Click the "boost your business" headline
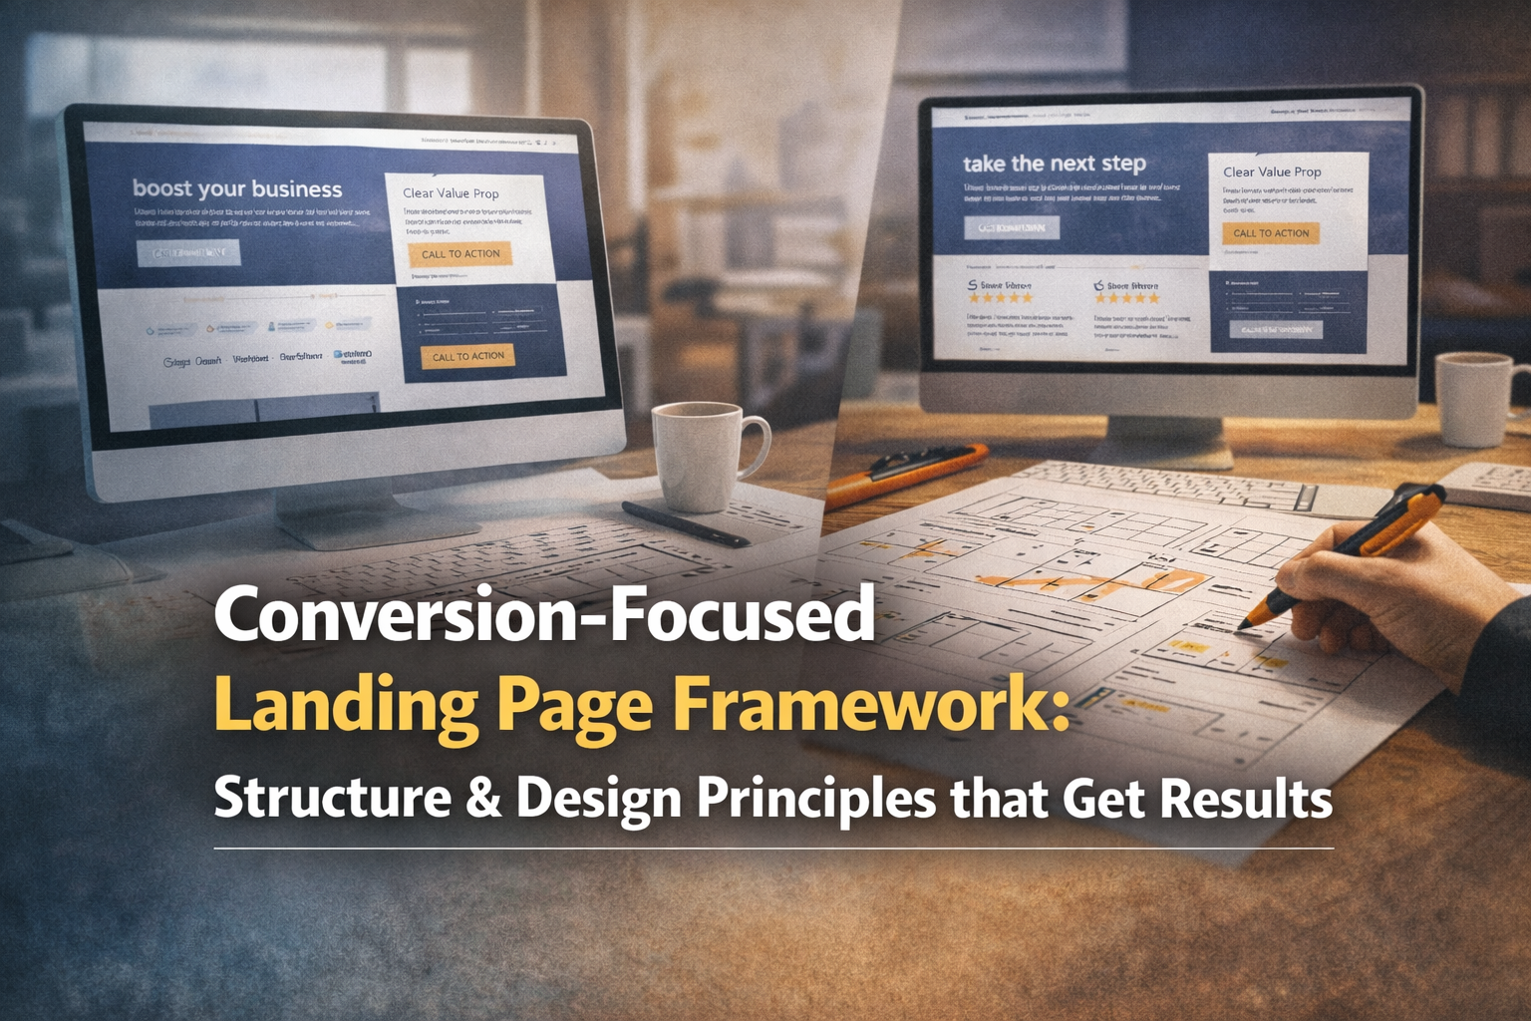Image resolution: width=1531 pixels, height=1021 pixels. [237, 188]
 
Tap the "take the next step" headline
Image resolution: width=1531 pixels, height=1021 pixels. [1054, 164]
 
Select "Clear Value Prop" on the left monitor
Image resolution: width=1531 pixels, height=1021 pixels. [451, 193]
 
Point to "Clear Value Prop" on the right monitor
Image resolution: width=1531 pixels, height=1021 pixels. [1272, 171]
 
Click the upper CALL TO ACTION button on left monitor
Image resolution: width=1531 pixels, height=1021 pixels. [460, 254]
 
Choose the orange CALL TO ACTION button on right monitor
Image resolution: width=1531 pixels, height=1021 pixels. [1271, 233]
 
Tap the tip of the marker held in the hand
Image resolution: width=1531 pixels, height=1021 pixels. [1246, 624]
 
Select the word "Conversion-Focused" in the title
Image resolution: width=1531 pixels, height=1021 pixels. [544, 615]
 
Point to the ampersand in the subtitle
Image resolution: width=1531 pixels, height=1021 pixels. [483, 798]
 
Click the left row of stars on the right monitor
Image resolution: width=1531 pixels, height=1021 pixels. [1001, 298]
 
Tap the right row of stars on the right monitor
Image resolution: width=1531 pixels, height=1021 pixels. [1127, 298]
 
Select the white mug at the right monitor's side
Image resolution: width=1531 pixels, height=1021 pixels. [1473, 399]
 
